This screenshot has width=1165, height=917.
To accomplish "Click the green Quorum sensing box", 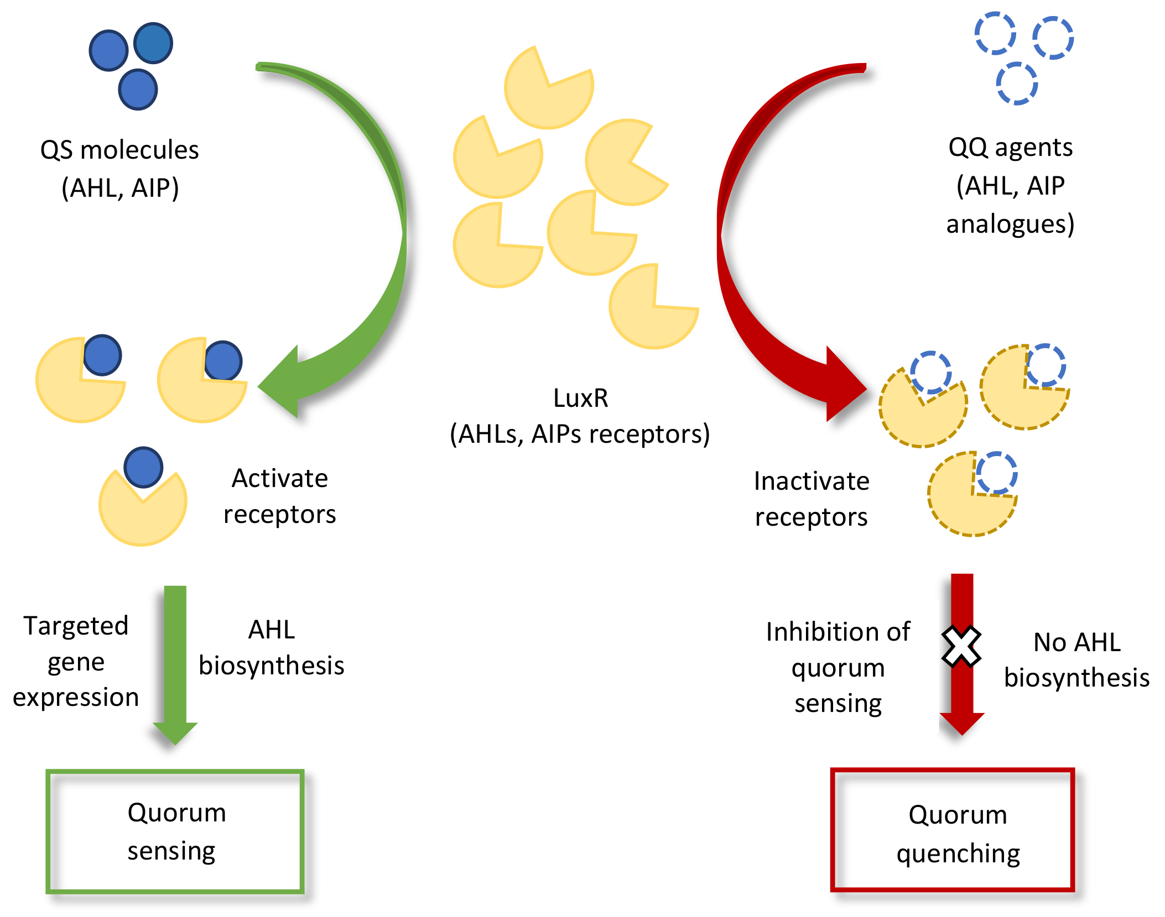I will [x=175, y=831].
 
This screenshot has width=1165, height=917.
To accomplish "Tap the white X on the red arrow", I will [x=961, y=646].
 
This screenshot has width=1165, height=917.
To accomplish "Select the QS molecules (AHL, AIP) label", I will [x=119, y=168].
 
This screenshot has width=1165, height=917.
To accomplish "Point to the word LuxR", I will [x=580, y=398].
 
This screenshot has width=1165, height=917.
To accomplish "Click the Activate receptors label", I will [x=279, y=496].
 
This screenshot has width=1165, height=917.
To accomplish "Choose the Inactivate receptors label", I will [x=811, y=499].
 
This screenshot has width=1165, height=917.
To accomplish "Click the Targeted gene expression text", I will [x=76, y=661].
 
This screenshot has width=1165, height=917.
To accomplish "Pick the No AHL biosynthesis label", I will [x=1076, y=660].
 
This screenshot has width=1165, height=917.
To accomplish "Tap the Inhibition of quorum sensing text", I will [x=838, y=667].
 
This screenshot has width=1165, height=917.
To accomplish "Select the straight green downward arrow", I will [x=175, y=663].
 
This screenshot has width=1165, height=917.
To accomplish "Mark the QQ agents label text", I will [x=1010, y=148].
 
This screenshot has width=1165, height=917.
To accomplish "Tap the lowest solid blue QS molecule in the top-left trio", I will [x=138, y=90].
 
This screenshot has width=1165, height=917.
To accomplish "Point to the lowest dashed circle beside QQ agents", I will [x=1017, y=83].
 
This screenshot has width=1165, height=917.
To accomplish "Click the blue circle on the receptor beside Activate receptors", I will [x=143, y=467].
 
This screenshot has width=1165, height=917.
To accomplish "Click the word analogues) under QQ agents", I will [x=1010, y=224].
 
